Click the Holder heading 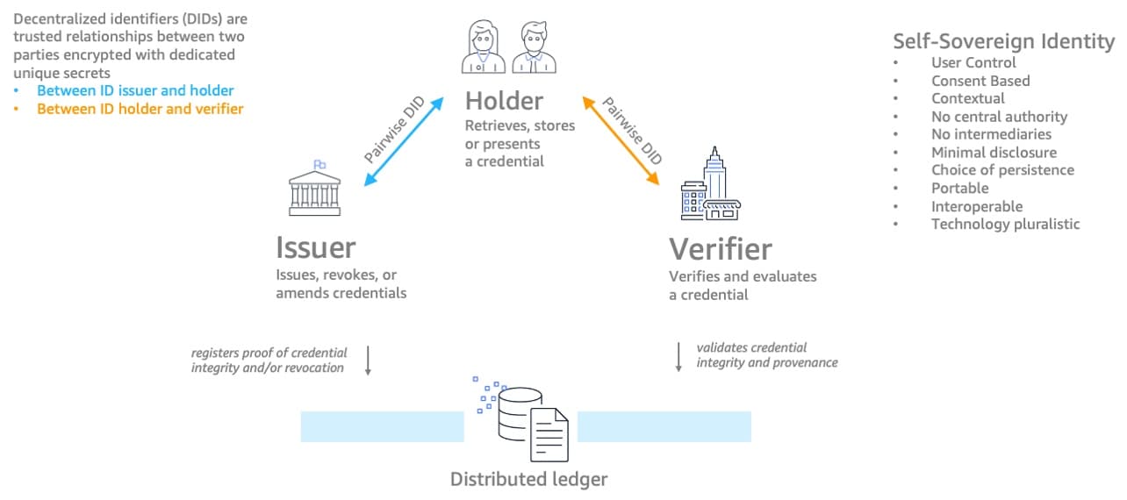click(x=505, y=100)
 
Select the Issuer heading click(x=316, y=247)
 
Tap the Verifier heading click(x=721, y=248)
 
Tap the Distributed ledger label click(x=528, y=479)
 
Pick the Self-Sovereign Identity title click(x=1003, y=40)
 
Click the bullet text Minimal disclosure click(x=994, y=152)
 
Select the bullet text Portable click(x=959, y=188)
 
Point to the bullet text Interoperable click(x=977, y=206)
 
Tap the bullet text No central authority click(x=999, y=116)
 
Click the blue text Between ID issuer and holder click(x=135, y=90)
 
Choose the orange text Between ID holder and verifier click(x=140, y=109)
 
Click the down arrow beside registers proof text click(x=368, y=360)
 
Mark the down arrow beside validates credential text click(x=678, y=356)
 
